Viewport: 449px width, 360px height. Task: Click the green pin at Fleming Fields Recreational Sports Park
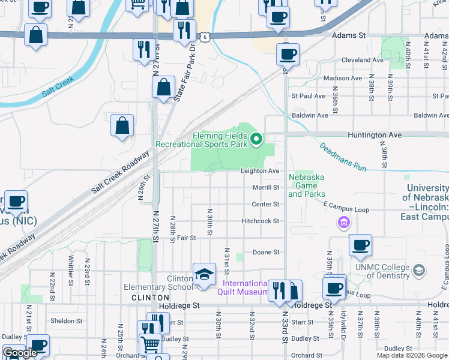click(x=256, y=140)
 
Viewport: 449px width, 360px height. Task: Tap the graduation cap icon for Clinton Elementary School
click(x=204, y=274)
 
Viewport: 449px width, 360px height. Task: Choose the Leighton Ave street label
click(x=260, y=171)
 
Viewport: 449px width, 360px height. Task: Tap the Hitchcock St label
click(x=260, y=221)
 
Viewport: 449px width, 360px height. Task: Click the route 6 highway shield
click(x=205, y=37)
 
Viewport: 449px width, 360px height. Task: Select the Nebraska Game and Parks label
click(x=306, y=185)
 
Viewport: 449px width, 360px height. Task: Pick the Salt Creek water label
click(x=58, y=86)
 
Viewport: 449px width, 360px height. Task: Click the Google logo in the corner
click(x=20, y=353)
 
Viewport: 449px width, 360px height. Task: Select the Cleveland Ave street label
click(x=362, y=61)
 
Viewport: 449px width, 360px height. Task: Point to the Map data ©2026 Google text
click(x=412, y=355)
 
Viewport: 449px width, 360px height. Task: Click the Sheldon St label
click(x=66, y=321)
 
